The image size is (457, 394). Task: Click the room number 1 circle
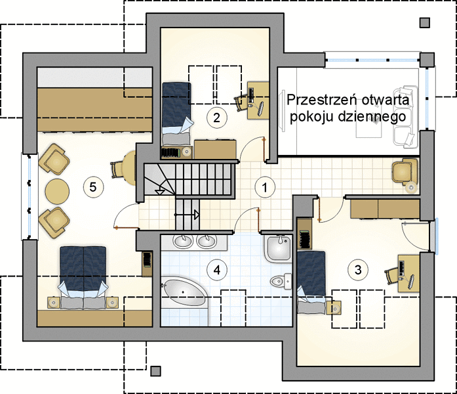point(265,187)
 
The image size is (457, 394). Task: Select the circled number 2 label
point(216,118)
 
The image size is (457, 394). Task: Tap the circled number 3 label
point(358,270)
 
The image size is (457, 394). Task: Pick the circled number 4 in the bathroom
point(217,270)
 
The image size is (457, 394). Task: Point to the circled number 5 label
point(93,186)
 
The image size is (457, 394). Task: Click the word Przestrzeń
point(322,100)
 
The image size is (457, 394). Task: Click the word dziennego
point(372,117)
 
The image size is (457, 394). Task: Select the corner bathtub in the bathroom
point(185,293)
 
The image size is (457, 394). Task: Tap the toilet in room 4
point(281,281)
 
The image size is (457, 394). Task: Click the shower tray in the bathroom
point(279,248)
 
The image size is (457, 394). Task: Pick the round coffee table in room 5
point(57,192)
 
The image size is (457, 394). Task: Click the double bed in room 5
point(83,277)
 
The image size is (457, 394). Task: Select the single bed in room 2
point(176,113)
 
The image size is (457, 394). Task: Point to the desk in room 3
point(408,273)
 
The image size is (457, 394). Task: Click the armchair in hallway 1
point(405,174)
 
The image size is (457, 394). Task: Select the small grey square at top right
point(425,23)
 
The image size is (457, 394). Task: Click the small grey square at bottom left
point(156,371)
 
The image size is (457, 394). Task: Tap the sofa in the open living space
point(405,117)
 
